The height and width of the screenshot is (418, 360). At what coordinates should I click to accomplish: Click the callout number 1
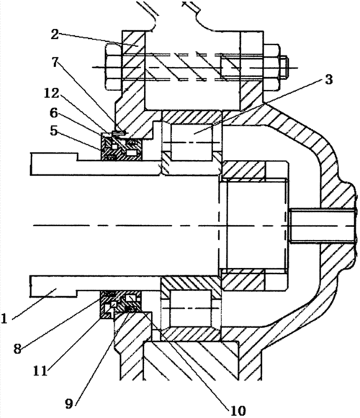4,319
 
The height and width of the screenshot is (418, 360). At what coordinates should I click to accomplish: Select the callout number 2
55,34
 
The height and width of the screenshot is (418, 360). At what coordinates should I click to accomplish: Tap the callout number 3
329,79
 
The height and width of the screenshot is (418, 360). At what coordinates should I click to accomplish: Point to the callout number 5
54,130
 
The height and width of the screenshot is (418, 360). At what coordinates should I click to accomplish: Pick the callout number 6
54,113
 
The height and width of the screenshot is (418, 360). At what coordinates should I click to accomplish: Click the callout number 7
55,63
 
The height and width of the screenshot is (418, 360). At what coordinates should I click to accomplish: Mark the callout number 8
17,348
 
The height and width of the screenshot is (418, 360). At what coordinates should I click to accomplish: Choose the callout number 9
68,404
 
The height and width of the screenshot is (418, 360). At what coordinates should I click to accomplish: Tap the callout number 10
238,411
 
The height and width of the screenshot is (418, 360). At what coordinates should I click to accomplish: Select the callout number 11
40,370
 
